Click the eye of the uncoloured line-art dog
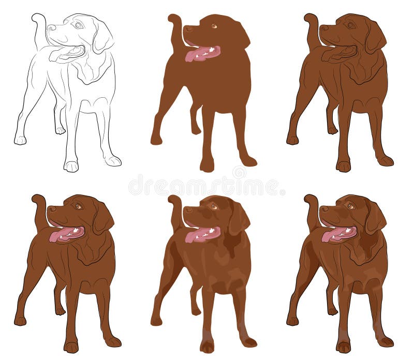point(78,25)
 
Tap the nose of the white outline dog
point(51,28)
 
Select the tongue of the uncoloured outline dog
point(65,53)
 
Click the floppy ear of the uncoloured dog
point(102,36)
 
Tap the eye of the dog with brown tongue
point(350,25)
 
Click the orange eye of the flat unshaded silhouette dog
point(214,25)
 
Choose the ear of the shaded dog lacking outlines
point(238,218)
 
